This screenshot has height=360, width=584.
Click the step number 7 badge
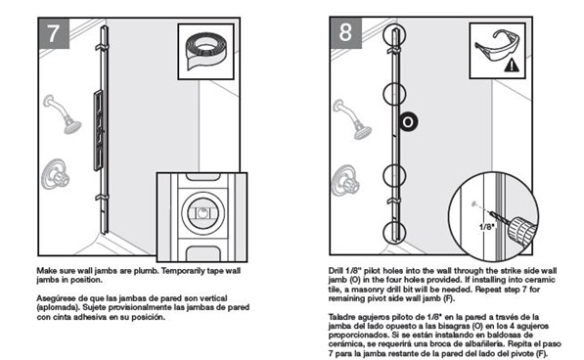click(54, 33)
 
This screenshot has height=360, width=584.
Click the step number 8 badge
click(345, 32)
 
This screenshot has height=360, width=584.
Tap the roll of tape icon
click(205, 51)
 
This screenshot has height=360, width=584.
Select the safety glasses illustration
click(497, 47)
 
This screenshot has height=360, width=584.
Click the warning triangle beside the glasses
click(512, 66)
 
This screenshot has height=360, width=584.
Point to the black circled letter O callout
click(408, 121)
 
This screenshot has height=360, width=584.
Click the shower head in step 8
click(353, 119)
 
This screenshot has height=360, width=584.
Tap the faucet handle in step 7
click(55, 174)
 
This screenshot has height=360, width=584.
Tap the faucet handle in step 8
click(345, 180)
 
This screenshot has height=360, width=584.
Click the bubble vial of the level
click(203, 213)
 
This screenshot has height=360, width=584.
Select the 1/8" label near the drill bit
click(486, 226)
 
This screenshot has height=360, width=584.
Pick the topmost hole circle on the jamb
click(394, 35)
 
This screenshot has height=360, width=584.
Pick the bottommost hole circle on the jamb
click(394, 232)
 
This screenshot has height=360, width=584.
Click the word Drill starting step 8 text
click(336, 271)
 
